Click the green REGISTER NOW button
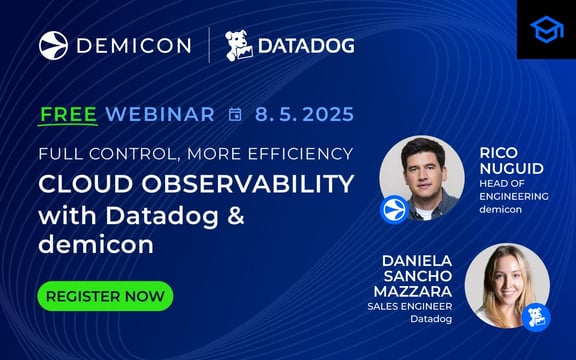coord(105,296)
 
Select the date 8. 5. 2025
coord(304,114)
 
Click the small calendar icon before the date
coord(235,114)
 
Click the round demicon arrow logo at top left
coord(54,45)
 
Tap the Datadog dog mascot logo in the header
coord(238,45)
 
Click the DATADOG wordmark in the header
coord(306,46)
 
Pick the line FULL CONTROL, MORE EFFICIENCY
coord(196,154)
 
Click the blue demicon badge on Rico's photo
coord(394,210)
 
